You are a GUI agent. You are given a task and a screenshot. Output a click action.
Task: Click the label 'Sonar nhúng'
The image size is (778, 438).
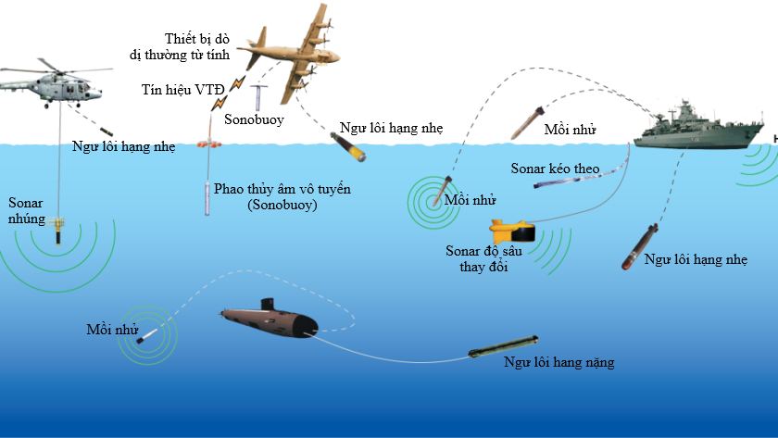(x=24, y=209)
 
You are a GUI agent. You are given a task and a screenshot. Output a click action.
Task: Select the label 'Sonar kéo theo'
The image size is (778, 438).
(x=556, y=169)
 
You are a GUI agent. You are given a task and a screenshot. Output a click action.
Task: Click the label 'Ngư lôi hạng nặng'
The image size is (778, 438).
(x=558, y=362)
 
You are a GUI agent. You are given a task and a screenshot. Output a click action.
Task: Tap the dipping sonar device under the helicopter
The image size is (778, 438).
(x=60, y=227)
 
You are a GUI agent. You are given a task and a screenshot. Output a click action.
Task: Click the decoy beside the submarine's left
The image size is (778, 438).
(x=143, y=339)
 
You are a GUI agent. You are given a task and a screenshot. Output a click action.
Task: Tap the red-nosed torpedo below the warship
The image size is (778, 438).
(x=639, y=246)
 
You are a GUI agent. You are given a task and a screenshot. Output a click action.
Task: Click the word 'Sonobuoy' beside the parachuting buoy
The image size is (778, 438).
(x=253, y=120)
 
